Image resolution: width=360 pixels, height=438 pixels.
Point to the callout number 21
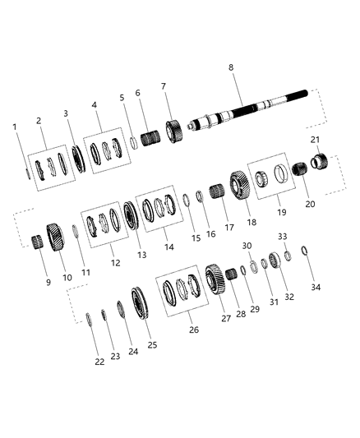(x=316, y=140)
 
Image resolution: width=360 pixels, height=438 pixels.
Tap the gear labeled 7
(x=175, y=131)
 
